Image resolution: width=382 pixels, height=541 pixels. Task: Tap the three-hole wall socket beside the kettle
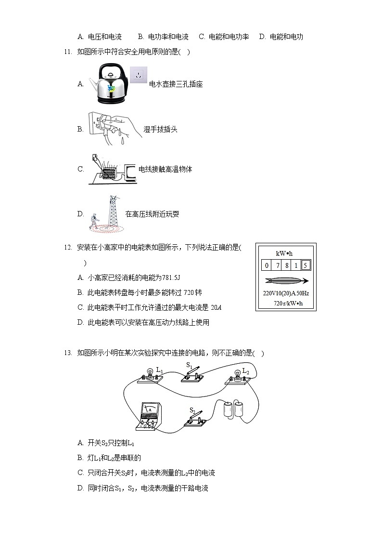[x=139, y=75]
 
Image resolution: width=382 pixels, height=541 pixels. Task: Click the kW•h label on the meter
[x=284, y=253]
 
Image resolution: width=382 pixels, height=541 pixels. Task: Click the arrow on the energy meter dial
[x=286, y=281]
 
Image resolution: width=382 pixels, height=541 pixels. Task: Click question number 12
[x=67, y=248]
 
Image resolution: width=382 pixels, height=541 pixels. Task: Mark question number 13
[x=67, y=353]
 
